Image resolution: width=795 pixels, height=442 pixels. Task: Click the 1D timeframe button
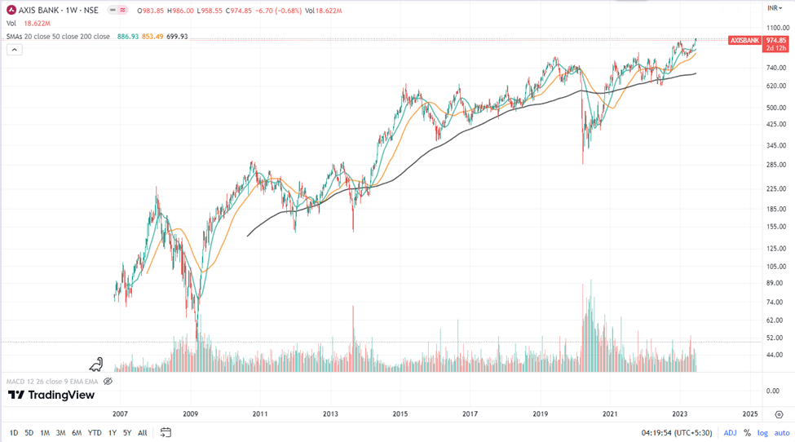coord(14,433)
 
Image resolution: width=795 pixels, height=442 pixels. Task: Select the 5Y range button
coord(127,433)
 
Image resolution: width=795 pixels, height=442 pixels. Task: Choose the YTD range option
coord(95,433)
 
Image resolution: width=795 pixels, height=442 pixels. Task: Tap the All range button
coord(143,433)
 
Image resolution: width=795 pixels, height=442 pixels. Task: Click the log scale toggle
coord(762,433)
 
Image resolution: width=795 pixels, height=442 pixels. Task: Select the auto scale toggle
coord(782,433)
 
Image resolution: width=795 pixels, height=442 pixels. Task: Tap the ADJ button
coord(731,433)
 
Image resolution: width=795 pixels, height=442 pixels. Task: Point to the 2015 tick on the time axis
coord(400,414)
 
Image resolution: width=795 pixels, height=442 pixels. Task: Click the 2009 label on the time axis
coord(190,414)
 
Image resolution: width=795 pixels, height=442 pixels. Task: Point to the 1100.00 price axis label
coord(777,28)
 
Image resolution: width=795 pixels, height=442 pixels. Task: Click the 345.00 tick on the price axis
coord(775,145)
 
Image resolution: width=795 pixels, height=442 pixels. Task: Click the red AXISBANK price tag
coord(744,40)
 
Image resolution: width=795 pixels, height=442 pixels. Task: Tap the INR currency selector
coord(775,8)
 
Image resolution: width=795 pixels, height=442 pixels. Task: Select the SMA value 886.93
coord(128,37)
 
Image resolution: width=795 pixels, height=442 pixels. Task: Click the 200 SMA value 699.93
coord(177,37)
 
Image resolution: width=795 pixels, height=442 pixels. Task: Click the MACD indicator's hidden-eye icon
coord(108,382)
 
